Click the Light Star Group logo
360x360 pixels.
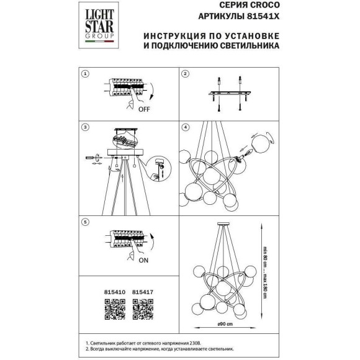point(99,25)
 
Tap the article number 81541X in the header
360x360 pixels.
point(263,16)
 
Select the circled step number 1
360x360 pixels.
point(85,74)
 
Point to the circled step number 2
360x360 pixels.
point(186,74)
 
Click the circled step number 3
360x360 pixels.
point(85,127)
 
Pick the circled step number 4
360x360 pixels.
point(186,127)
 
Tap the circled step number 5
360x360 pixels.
point(85,222)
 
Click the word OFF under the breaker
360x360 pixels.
point(144,109)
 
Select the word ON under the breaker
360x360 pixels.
point(143,260)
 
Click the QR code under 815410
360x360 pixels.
point(115,309)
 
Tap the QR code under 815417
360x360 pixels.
point(143,309)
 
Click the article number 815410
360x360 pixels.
point(115,292)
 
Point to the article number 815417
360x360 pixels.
point(143,292)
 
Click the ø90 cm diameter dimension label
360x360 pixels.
point(225,324)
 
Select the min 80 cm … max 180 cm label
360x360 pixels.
point(265,272)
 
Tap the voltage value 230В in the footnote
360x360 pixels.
point(195,343)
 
